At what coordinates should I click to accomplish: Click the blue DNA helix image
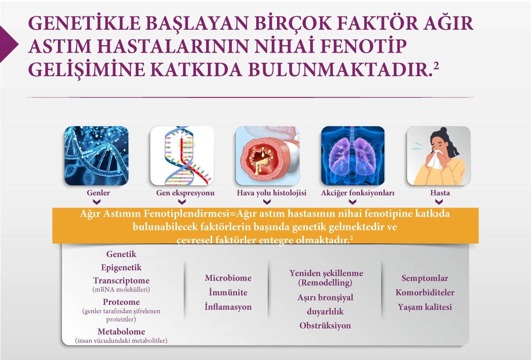96,155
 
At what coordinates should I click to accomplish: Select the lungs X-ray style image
353,155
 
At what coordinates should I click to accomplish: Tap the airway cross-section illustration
267,155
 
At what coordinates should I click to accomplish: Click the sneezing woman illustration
439,155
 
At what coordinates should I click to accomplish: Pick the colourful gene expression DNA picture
182,155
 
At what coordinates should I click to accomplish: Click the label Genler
98,193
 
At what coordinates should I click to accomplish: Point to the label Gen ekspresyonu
185,193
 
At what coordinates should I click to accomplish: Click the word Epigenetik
121,267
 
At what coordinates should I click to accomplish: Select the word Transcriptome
121,281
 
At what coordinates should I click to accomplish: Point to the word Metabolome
121,332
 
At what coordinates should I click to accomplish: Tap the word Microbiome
228,278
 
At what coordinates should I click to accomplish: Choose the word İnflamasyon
228,307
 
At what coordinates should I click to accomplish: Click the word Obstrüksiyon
325,325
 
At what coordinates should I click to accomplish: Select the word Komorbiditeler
425,293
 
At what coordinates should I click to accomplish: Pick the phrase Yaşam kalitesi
425,307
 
